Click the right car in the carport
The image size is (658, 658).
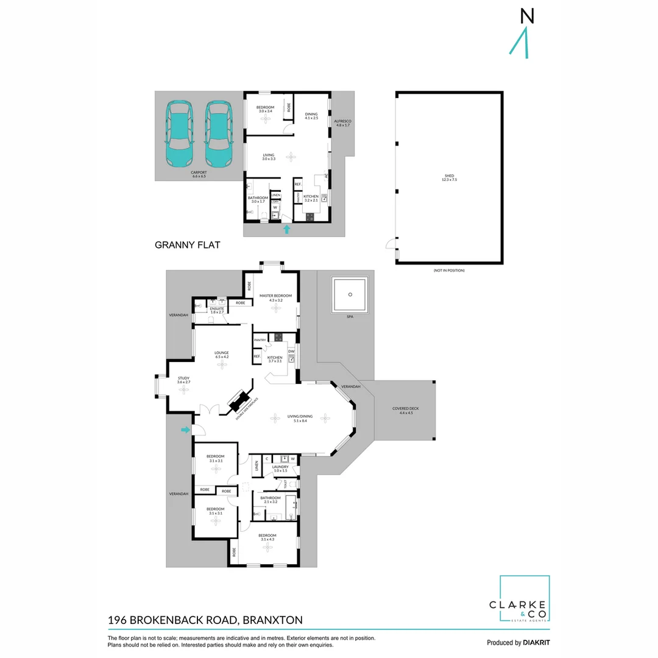[218, 133]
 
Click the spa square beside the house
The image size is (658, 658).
[350, 295]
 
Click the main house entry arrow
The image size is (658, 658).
[185, 431]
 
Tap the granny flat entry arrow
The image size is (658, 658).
[287, 229]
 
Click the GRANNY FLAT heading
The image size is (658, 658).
[187, 246]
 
